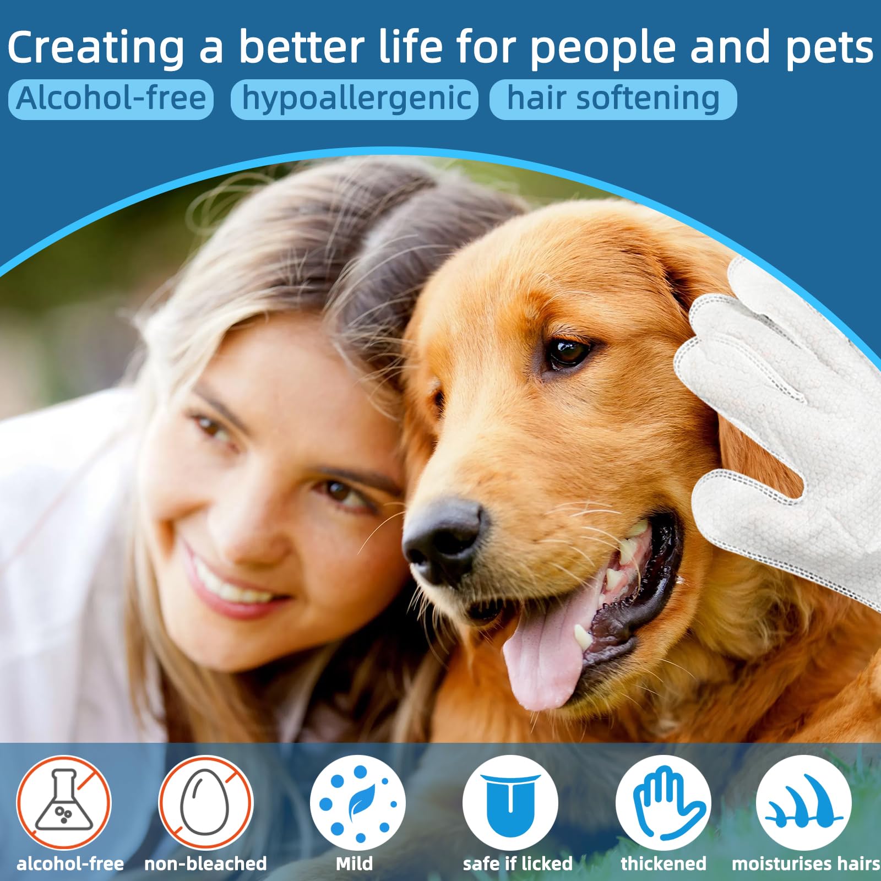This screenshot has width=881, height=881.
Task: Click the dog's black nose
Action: pos(443,540)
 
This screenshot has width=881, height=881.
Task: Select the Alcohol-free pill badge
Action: pos(111,99)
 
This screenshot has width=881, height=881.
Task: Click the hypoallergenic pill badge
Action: pos(355,99)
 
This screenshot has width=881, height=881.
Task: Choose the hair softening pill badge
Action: pos(613,99)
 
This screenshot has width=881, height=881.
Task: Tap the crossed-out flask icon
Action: pos(63,802)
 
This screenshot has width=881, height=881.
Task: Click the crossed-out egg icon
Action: pos(205,802)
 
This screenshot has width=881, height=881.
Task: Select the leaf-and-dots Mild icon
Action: pos(357,802)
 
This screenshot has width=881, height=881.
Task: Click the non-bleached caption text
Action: pos(205,863)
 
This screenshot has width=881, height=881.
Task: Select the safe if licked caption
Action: pos(518,863)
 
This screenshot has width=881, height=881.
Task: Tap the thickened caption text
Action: pos(664,863)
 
